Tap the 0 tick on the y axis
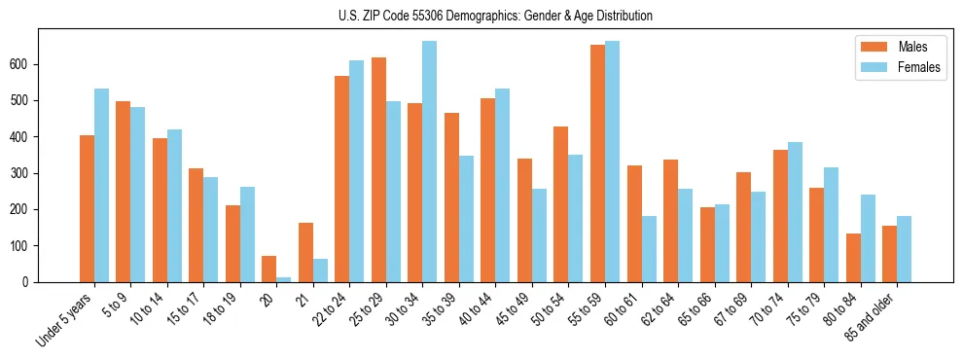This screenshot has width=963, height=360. tap(29, 282)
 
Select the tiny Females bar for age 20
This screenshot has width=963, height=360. tap(284, 279)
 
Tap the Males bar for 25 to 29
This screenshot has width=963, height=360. tap(378, 170)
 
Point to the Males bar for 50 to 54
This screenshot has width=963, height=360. tap(561, 204)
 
